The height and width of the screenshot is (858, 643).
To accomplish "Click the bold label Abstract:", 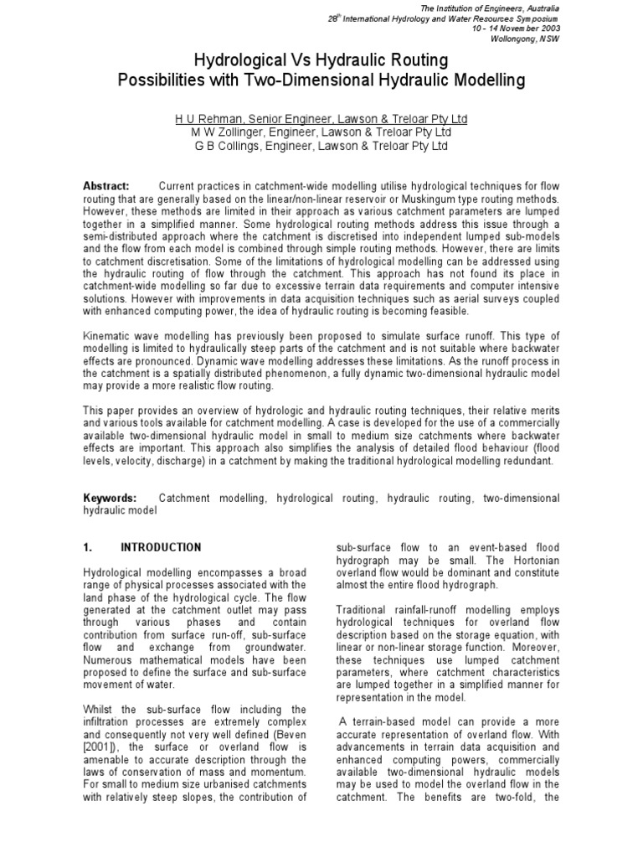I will (x=106, y=185).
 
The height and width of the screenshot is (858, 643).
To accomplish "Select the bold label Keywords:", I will (x=109, y=498).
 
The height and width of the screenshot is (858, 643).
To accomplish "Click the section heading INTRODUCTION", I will (x=161, y=548).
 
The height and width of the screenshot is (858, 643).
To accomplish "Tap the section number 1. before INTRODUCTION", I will (x=87, y=548).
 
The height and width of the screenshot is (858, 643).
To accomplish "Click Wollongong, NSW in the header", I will (x=530, y=39).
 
